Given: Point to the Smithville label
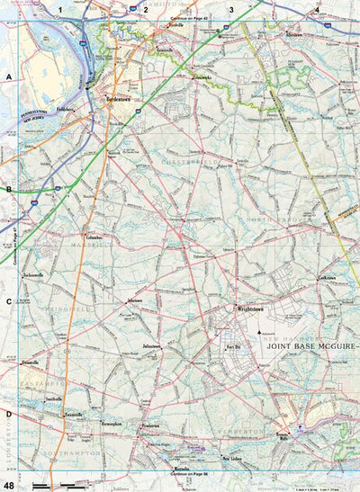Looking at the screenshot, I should point(53,398).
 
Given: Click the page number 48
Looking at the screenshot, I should point(8,485).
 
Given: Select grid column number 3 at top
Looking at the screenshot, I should point(231,9).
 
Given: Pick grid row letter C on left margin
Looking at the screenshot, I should point(8,303).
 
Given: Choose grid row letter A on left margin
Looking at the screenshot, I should point(8,78).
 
